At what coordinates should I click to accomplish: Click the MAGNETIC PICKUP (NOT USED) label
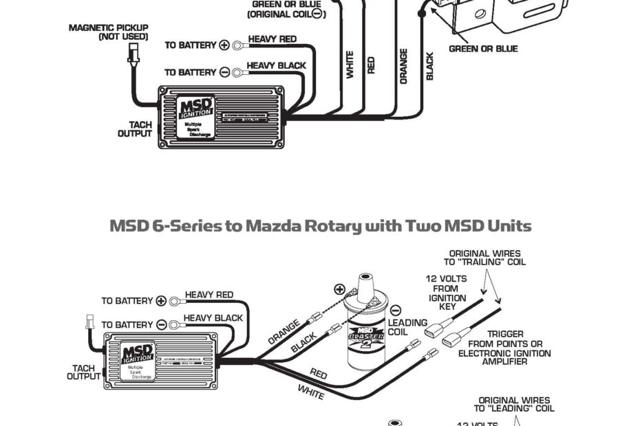(108, 32)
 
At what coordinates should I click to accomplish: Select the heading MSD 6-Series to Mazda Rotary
(320, 226)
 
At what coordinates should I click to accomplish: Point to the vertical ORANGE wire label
(403, 66)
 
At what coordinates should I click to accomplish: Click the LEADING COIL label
(407, 327)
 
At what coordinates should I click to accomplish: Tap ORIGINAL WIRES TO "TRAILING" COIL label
(485, 258)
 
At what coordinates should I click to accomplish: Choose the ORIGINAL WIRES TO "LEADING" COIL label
(515, 404)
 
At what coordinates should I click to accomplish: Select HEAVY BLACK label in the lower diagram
(213, 318)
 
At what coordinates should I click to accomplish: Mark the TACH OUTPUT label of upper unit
(135, 129)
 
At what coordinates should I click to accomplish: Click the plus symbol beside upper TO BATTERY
(224, 45)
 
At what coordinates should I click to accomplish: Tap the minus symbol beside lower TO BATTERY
(161, 324)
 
